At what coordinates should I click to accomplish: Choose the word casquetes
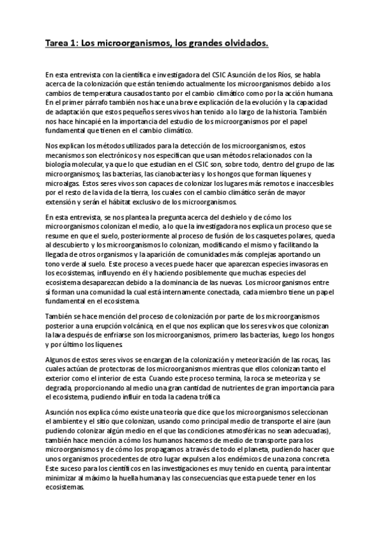[284, 235]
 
